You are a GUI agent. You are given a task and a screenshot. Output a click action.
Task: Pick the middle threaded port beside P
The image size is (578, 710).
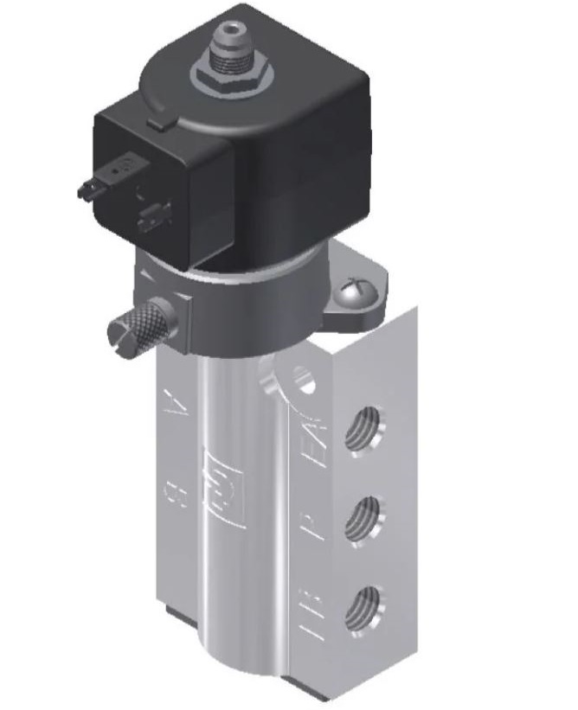click(364, 518)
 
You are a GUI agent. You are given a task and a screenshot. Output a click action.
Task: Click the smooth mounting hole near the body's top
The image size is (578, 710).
click(303, 377)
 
